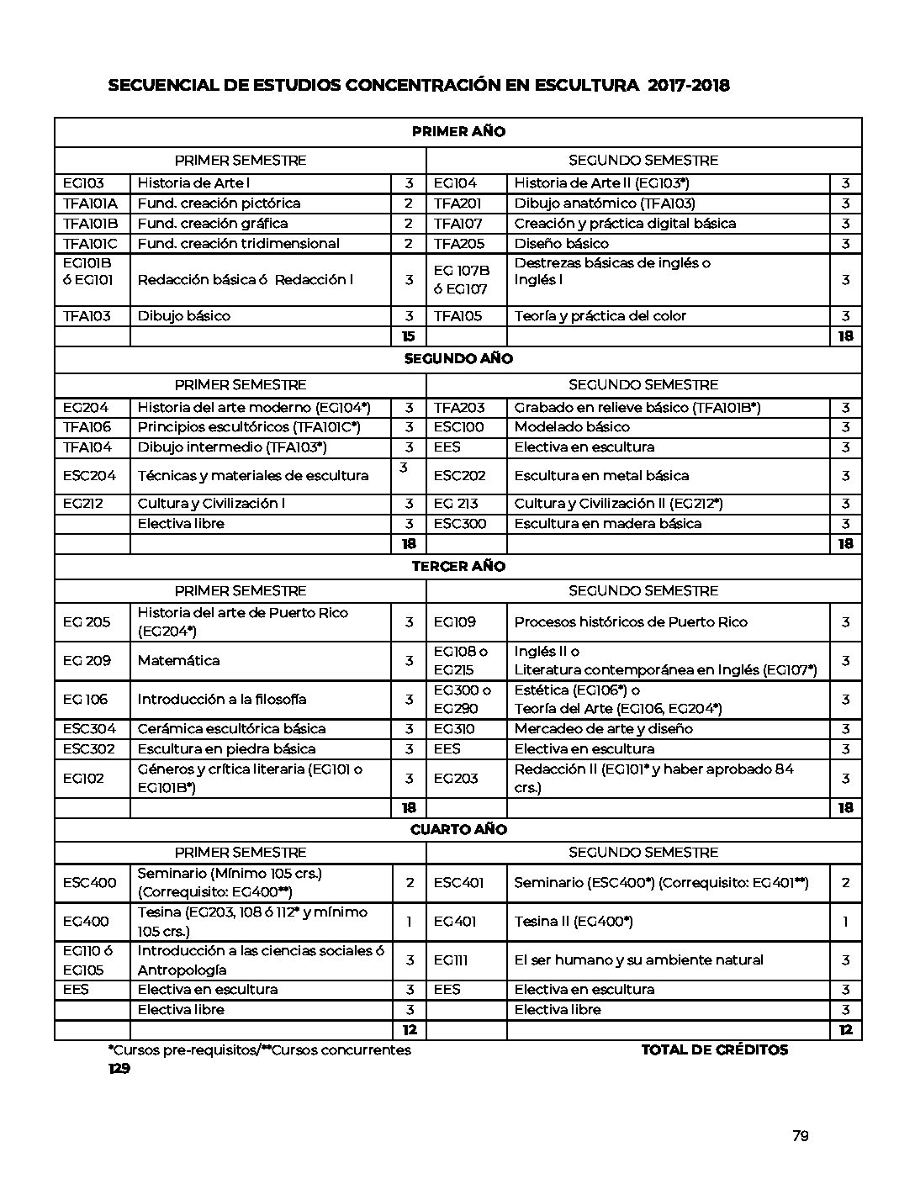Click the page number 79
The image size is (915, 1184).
800,1136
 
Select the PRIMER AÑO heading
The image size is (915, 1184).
458,132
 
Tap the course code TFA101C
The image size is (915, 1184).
90,244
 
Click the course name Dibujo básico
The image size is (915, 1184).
184,316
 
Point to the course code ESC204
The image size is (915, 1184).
89,476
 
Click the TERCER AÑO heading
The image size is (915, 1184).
458,567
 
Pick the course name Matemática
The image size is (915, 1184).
178,661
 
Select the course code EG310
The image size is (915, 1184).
454,729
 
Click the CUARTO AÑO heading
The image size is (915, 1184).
458,830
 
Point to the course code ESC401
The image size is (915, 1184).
458,883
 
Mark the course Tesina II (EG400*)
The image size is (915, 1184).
574,922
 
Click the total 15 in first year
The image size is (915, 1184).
409,336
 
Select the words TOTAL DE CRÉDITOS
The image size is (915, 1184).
715,1049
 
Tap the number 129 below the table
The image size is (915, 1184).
119,1069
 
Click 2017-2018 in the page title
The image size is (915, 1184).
689,86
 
